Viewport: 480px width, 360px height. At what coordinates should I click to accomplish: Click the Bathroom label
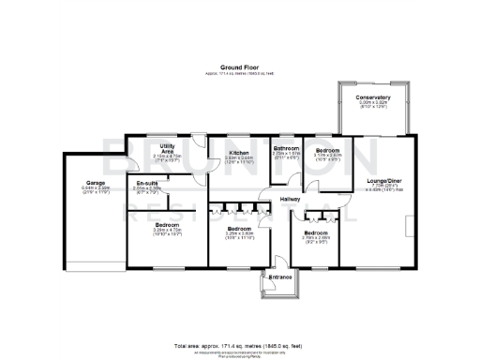pyautogui.click(x=286, y=149)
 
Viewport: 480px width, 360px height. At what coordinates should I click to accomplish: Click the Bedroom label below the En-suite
pyautogui.click(x=168, y=226)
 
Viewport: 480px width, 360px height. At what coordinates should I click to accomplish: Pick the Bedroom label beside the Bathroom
pyautogui.click(x=327, y=151)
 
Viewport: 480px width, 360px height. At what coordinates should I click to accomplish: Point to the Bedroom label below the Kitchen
pyautogui.click(x=239, y=228)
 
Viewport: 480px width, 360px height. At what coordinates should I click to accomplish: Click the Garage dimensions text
pyautogui.click(x=83, y=189)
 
